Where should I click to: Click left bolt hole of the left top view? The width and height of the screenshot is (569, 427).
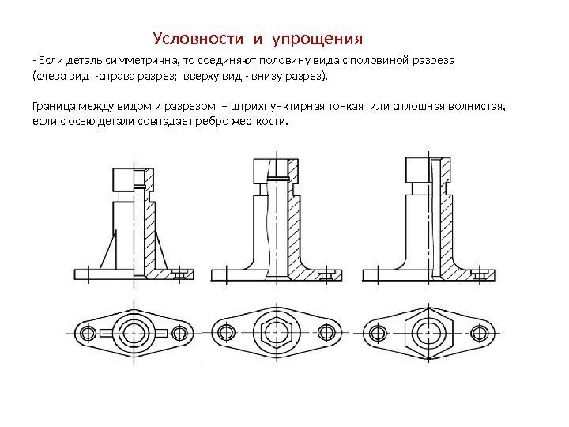click(x=87, y=331)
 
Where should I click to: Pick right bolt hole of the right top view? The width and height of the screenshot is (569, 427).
click(x=477, y=331)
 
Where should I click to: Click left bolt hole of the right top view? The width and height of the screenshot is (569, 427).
click(x=380, y=331)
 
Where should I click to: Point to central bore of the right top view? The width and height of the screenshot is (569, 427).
click(x=428, y=331)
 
